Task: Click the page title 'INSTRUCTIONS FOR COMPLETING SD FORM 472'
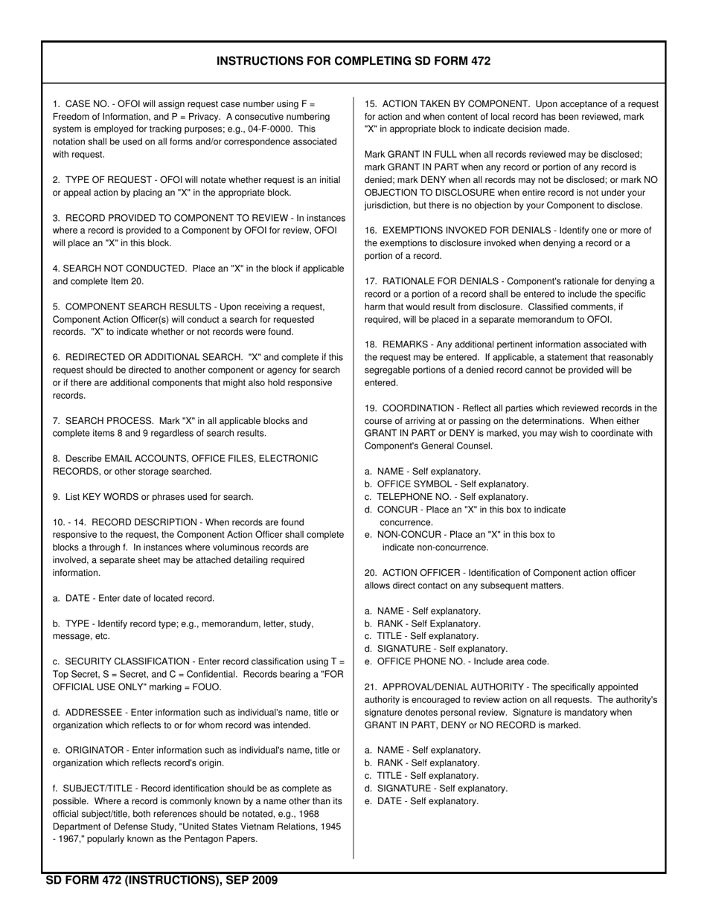click(x=353, y=62)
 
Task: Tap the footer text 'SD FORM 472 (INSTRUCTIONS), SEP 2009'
click(x=161, y=881)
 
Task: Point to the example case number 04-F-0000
click(x=255, y=129)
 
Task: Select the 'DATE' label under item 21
click(x=391, y=801)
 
